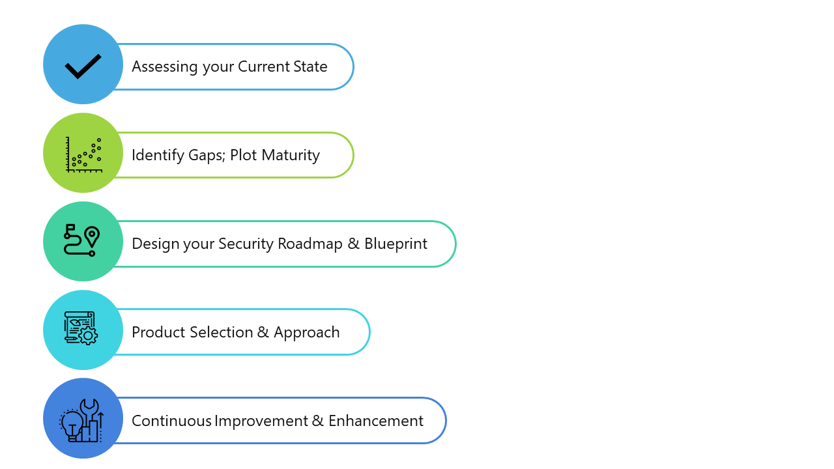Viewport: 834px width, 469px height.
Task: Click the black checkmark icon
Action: (83, 66)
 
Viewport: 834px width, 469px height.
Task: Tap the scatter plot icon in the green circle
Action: (84, 155)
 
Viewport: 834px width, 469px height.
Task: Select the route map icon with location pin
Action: (82, 240)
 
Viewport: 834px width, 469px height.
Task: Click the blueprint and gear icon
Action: (81, 328)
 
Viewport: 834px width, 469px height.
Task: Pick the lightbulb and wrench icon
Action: (81, 421)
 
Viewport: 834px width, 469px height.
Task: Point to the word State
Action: (310, 66)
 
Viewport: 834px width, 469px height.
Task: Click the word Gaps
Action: (207, 156)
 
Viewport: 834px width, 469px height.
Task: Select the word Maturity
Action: (291, 156)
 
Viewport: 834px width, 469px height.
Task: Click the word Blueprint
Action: (395, 244)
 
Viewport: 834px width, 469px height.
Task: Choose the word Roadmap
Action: (309, 244)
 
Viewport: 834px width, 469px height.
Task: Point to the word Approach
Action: (306, 333)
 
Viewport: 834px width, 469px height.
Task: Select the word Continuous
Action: (171, 421)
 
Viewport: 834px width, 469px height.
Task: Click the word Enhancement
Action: (376, 421)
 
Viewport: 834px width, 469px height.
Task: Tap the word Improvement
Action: (261, 421)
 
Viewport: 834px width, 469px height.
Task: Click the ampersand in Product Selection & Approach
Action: (263, 332)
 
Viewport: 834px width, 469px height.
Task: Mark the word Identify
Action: (158, 156)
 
